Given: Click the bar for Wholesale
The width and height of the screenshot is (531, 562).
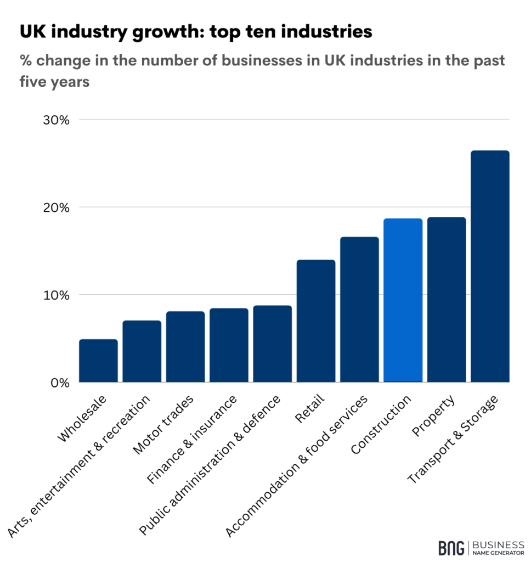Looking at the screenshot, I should tap(98, 361).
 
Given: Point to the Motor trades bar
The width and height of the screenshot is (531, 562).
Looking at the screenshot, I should tap(185, 346).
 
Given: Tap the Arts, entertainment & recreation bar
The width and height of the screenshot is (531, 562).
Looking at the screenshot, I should tap(142, 351).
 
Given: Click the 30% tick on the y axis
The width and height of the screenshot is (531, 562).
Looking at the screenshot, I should tap(56, 120).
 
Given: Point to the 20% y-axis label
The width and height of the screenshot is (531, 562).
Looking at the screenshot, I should tap(56, 207).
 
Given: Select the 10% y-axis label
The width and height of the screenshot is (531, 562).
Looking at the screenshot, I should tap(56, 295).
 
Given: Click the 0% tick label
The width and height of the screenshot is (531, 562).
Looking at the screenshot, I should tap(59, 382).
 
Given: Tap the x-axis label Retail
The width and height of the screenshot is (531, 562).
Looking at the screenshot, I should tap(310, 409).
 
